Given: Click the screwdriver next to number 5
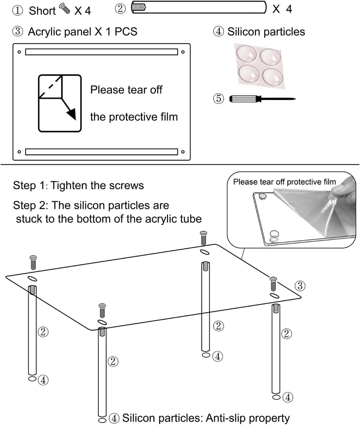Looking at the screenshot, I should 261,99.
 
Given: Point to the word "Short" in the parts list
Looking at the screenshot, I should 42,10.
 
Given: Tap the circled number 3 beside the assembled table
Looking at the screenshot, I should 300,286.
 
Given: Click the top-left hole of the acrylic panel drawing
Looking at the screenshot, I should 19,52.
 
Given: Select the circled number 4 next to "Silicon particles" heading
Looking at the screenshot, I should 219,32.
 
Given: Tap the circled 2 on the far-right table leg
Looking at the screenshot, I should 286,333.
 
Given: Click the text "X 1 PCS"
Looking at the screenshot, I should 116,32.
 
